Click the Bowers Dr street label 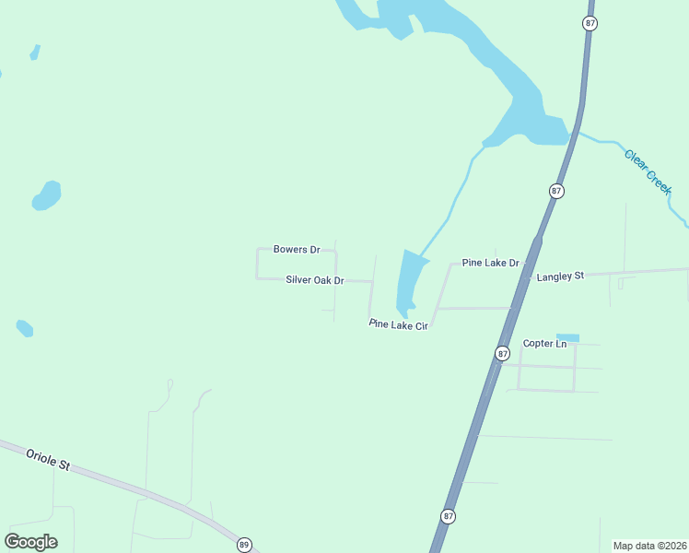(x=297, y=250)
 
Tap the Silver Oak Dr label (x=314, y=280)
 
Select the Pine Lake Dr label (x=491, y=263)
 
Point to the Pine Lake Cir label (x=399, y=324)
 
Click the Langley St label (x=560, y=276)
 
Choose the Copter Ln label (x=544, y=344)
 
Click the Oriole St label (x=48, y=459)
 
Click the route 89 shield (x=244, y=545)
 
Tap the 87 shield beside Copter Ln (x=502, y=353)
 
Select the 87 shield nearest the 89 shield (x=448, y=516)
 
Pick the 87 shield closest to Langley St (x=556, y=191)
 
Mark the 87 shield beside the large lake (x=590, y=23)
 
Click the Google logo (x=30, y=542)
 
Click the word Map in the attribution (x=624, y=546)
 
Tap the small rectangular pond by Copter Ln (x=568, y=337)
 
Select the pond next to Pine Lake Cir (x=410, y=281)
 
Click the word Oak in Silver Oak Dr (x=319, y=280)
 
